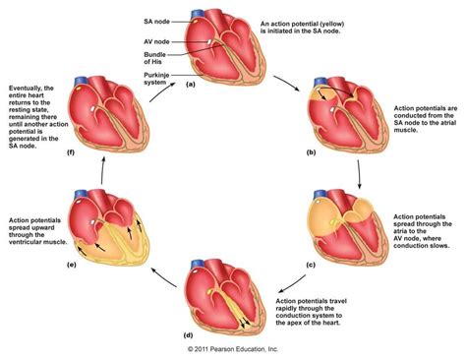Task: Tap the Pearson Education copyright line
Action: (232, 350)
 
